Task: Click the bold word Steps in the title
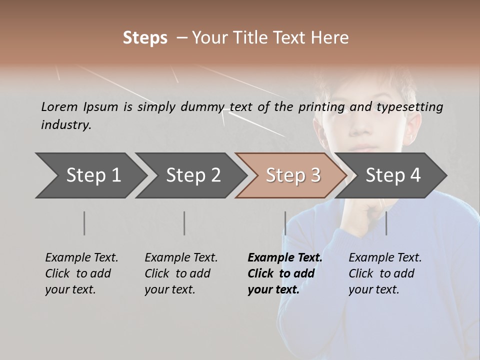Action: click(145, 38)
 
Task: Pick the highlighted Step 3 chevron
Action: click(293, 175)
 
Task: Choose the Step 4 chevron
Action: click(393, 175)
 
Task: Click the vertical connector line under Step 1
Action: click(84, 223)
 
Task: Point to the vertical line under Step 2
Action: click(184, 223)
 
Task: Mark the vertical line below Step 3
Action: click(285, 223)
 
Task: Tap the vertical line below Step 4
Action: click(386, 223)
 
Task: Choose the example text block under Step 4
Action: click(385, 273)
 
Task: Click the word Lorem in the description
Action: click(59, 107)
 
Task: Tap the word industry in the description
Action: click(66, 125)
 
